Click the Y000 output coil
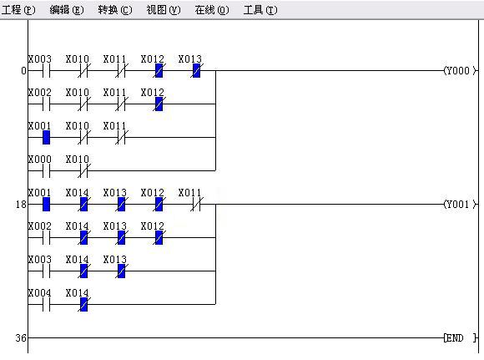[x=460, y=71]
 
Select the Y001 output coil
[x=460, y=205]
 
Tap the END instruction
[x=460, y=337]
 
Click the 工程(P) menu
[x=18, y=10]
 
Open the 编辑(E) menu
[x=67, y=10]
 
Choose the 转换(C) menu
[x=115, y=10]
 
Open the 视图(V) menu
[x=164, y=10]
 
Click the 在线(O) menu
[x=212, y=10]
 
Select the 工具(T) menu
[x=260, y=10]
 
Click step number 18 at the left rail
[x=21, y=205]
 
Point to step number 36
[x=21, y=337]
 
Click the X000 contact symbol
[x=46, y=171]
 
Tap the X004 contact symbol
[x=46, y=304]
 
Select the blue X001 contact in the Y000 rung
[x=46, y=138]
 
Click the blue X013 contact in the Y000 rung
[x=196, y=71]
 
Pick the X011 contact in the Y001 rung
[x=196, y=205]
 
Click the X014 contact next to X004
[x=84, y=304]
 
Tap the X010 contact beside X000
[x=84, y=171]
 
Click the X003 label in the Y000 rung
[x=40, y=58]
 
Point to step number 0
[x=23, y=71]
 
